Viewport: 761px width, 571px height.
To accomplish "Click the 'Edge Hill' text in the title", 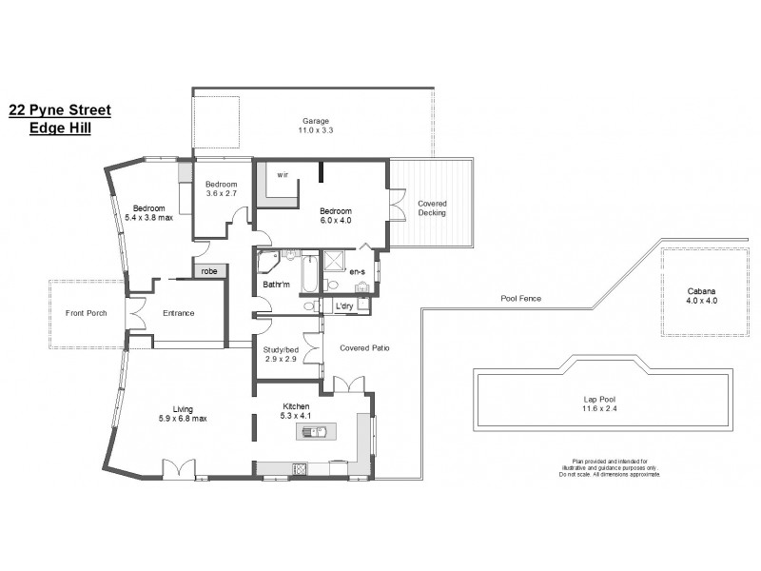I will pyautogui.click(x=60, y=127).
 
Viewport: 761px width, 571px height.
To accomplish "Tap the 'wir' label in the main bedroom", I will pyautogui.click(x=283, y=175).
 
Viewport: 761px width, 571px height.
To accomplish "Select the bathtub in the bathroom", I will pyautogui.click(x=310, y=276).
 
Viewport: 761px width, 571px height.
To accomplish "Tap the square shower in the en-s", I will pyautogui.click(x=335, y=262).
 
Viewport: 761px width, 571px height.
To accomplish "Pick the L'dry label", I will pyautogui.click(x=345, y=305).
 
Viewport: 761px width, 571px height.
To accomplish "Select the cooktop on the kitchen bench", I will pyautogui.click(x=301, y=468).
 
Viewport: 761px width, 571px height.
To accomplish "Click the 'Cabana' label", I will pyautogui.click(x=701, y=292).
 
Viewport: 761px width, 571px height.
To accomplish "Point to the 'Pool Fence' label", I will pyautogui.click(x=520, y=298).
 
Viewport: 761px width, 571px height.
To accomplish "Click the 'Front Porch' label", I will pyautogui.click(x=85, y=313).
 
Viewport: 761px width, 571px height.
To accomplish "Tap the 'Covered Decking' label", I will pyautogui.click(x=431, y=209).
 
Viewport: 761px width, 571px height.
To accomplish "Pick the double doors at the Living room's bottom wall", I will pyautogui.click(x=178, y=468).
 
